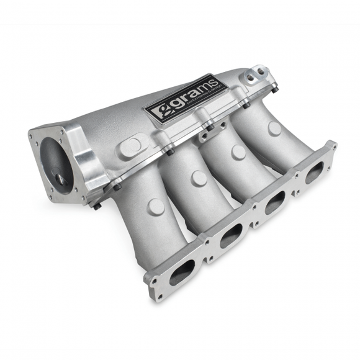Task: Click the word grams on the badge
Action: pos(186,105)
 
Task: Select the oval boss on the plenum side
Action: pos(131,147)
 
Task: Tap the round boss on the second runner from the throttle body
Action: pos(199,178)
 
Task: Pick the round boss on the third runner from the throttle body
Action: pos(239,153)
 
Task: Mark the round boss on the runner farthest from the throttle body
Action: pos(274,129)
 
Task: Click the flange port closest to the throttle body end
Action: pos(182,271)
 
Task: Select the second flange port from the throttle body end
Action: pos(231,235)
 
